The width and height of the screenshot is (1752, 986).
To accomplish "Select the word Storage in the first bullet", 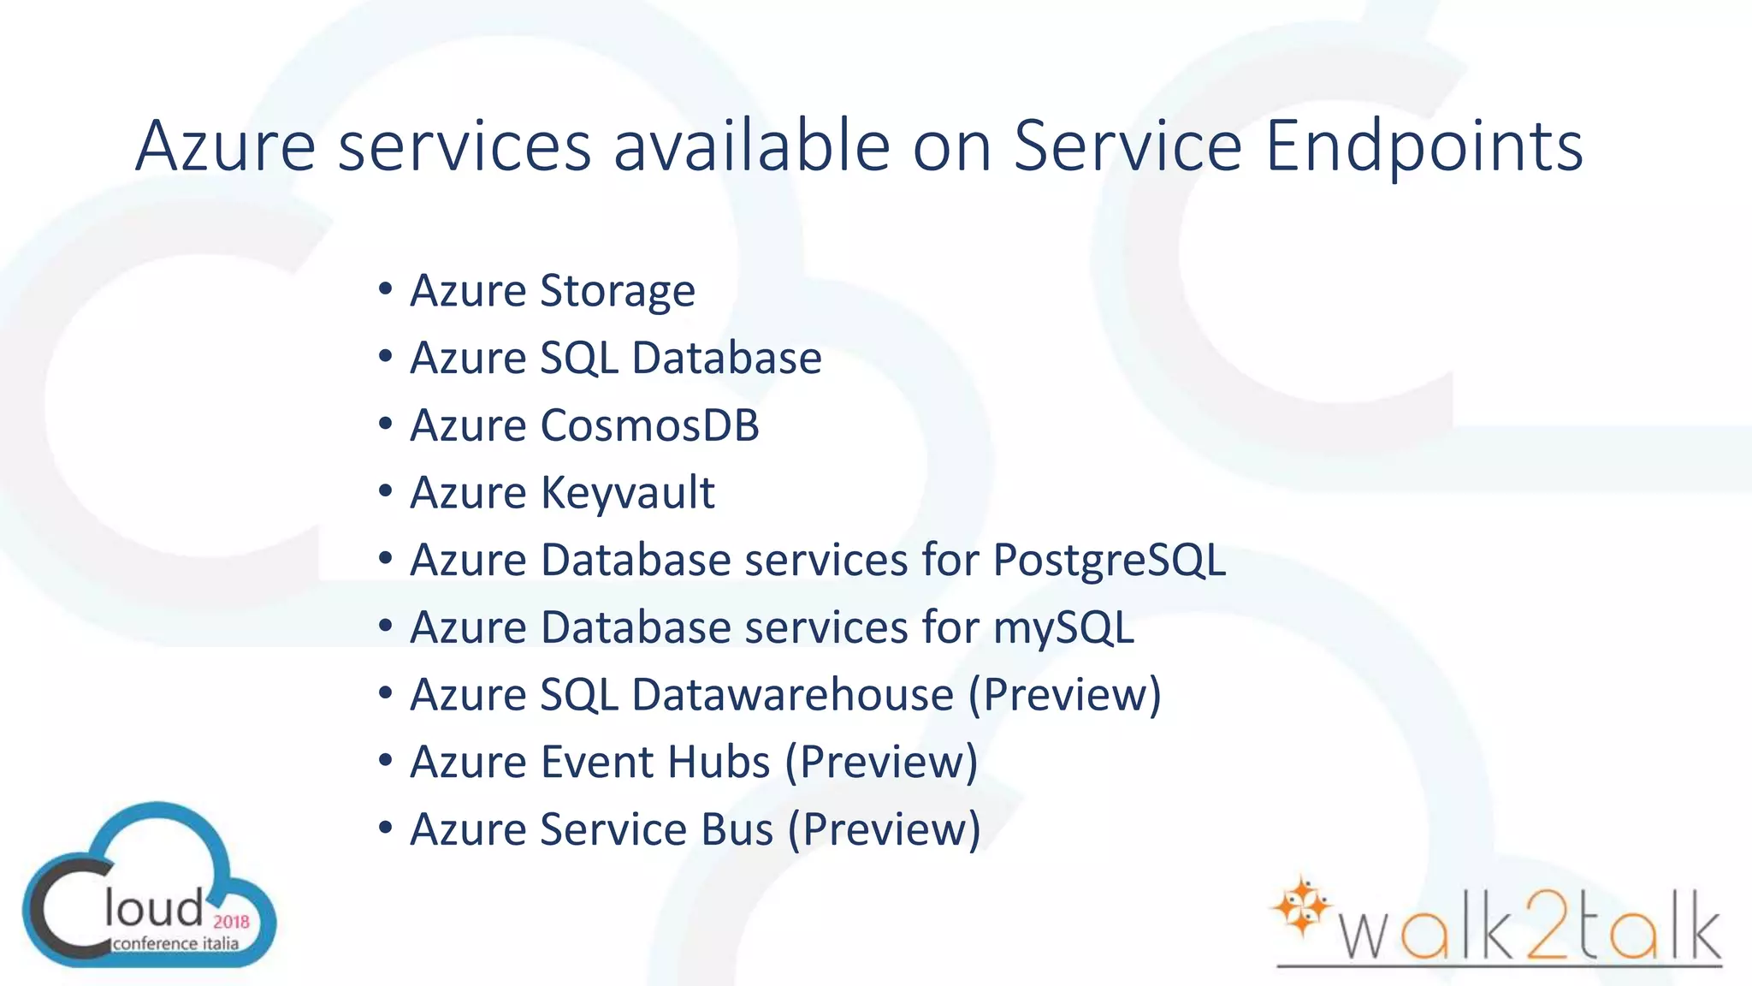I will tap(618, 292).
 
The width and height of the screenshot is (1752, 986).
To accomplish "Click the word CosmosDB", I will tap(649, 425).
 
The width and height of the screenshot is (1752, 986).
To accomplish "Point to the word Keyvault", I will tap(627, 493).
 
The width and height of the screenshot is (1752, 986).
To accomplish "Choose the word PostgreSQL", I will tap(1109, 561).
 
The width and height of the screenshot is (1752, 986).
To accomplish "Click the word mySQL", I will tap(1062, 627).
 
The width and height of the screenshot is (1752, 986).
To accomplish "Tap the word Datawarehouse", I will tap(792, 694).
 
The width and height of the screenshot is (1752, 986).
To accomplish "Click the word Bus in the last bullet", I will tap(737, 829).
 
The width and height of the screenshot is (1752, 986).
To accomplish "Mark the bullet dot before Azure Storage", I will tap(385, 289).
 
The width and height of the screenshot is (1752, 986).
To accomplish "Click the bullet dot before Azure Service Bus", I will tap(385, 828).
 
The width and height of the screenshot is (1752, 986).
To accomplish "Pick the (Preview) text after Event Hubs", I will tap(881, 762).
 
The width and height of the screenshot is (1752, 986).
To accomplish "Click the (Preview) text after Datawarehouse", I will tap(1064, 694).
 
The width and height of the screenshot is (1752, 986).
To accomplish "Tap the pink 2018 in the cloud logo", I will tap(231, 922).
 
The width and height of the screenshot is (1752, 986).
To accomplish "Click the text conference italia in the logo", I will tap(175, 944).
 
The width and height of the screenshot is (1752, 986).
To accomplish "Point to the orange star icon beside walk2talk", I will tap(1301, 905).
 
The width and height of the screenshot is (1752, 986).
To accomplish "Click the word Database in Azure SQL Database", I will tap(726, 358).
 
